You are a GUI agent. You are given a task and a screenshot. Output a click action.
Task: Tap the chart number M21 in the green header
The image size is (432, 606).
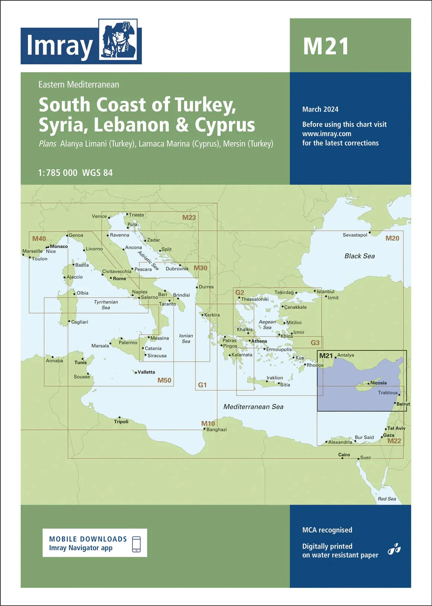coord(326,47)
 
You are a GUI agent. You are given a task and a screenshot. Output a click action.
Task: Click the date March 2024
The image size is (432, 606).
coord(320,109)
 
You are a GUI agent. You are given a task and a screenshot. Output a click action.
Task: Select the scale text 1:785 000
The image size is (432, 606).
coord(58,173)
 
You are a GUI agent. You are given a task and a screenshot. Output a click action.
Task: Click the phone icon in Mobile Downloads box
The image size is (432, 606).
coord(136,544)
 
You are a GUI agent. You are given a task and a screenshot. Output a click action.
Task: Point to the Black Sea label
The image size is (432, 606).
coord(359,256)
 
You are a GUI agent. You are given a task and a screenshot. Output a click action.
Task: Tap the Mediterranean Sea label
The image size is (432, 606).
coord(253,407)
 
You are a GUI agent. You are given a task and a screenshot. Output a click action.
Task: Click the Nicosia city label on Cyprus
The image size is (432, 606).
coord(378,383)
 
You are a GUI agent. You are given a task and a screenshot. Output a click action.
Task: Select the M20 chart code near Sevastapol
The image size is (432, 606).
coord(392,238)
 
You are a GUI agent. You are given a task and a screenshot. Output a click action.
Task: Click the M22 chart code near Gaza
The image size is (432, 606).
coord(394,441)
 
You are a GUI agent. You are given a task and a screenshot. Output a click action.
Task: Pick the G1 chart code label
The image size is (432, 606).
coord(202,385)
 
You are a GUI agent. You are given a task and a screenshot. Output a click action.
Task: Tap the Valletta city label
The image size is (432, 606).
coord(146,372)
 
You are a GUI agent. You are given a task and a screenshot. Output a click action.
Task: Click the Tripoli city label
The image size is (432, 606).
coord(121,422)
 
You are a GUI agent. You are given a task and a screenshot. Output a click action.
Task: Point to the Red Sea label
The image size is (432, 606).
coord(387,499)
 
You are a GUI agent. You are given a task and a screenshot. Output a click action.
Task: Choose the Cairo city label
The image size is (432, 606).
coord(344,455)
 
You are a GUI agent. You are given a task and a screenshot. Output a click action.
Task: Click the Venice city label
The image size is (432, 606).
coord(99,216)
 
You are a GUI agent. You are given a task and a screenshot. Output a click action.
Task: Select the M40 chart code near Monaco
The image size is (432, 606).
coord(39,239)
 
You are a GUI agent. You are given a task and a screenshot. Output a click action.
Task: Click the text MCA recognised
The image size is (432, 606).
coord(327,530)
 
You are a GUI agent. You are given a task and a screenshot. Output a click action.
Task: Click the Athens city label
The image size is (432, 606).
coord(259,341)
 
